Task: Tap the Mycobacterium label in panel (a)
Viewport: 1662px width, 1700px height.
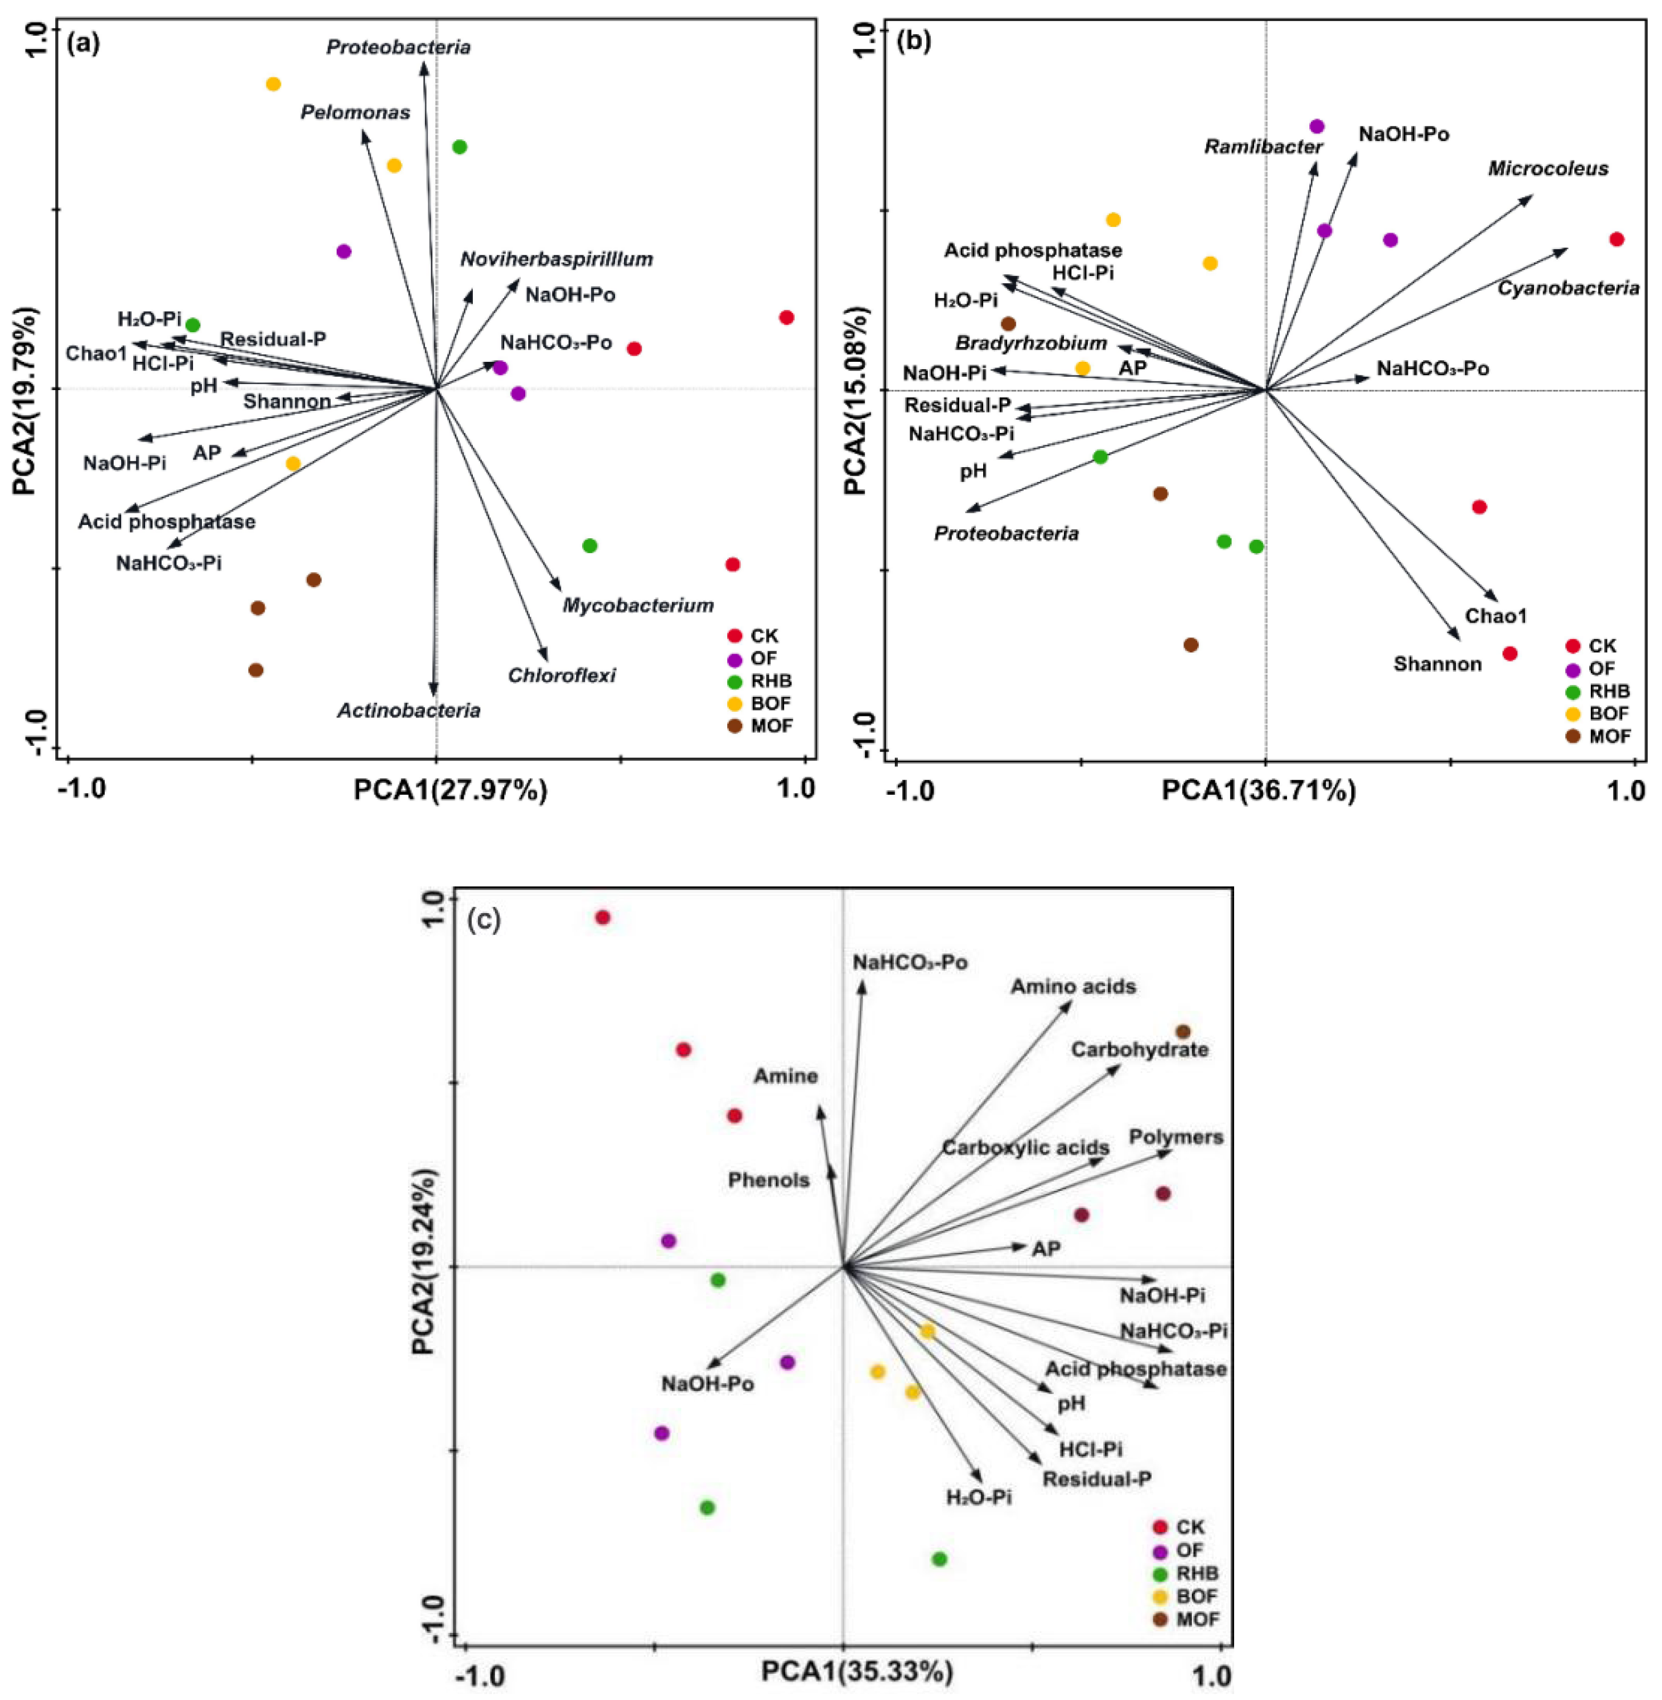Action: (637, 605)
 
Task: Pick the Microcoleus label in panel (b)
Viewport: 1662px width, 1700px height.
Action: (1548, 168)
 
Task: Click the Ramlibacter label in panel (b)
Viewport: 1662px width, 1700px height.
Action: (1263, 147)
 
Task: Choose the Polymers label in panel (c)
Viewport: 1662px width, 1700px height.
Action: (1176, 1137)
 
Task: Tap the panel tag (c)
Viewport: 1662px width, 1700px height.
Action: (484, 920)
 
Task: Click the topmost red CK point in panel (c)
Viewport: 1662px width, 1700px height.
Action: (603, 917)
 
